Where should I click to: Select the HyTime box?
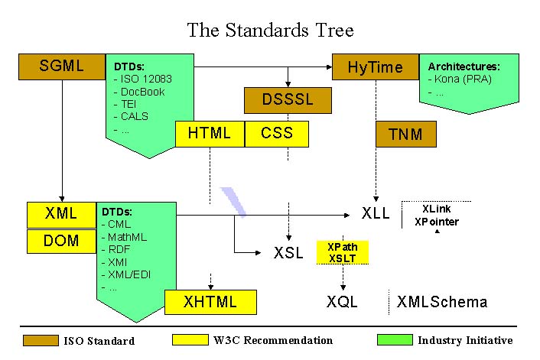coord(375,66)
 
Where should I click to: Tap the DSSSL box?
coord(288,99)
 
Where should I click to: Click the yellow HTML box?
coord(210,133)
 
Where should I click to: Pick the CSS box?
coord(277,133)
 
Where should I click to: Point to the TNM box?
coord(405,135)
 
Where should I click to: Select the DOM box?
coord(61,241)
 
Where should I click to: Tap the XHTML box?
coord(210,301)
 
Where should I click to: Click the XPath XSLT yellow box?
coord(342,252)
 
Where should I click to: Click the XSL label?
coord(289,252)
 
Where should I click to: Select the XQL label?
coord(342,302)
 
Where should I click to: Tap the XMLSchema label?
coord(442,302)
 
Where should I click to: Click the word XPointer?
coord(437,222)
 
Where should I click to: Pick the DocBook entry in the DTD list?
coord(142,92)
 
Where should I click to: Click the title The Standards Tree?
coord(270,31)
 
